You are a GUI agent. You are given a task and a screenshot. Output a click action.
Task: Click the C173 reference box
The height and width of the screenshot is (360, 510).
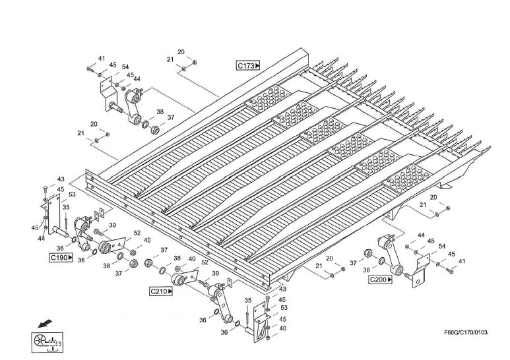coord(249,65)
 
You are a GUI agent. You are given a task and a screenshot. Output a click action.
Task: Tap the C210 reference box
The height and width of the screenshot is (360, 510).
coord(161,291)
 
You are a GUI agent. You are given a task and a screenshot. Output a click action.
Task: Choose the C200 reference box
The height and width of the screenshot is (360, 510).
coord(380,280)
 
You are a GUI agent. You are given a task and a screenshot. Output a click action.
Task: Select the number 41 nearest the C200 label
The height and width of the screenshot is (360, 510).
coord(462,262)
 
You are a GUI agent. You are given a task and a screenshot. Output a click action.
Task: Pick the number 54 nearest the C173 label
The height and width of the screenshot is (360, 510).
coord(125,67)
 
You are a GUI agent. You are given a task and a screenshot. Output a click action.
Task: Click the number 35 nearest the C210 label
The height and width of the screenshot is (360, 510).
coord(247,300)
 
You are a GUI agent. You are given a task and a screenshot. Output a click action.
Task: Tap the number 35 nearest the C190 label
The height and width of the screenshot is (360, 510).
coord(66,208)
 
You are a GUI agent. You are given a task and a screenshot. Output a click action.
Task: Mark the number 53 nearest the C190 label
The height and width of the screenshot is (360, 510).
coord(71,195)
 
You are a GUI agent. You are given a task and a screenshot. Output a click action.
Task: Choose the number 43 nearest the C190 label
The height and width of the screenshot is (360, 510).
coord(61,179)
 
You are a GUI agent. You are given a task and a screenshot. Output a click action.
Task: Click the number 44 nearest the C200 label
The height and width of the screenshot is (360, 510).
coord(421,235)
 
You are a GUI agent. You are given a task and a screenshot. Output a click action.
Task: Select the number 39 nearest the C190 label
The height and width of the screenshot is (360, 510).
coord(113,225)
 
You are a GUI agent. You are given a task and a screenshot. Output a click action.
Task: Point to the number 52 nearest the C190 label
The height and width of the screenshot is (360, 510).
coord(137,233)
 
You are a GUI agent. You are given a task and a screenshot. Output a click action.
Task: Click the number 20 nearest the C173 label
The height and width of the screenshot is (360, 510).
coord(181,52)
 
